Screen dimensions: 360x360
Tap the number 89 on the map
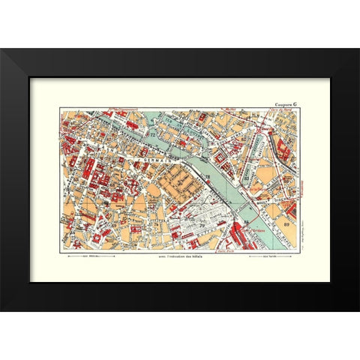tap(287, 224)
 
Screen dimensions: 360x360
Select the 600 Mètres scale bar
tap(91, 256)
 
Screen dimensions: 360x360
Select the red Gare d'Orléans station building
tap(240, 236)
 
